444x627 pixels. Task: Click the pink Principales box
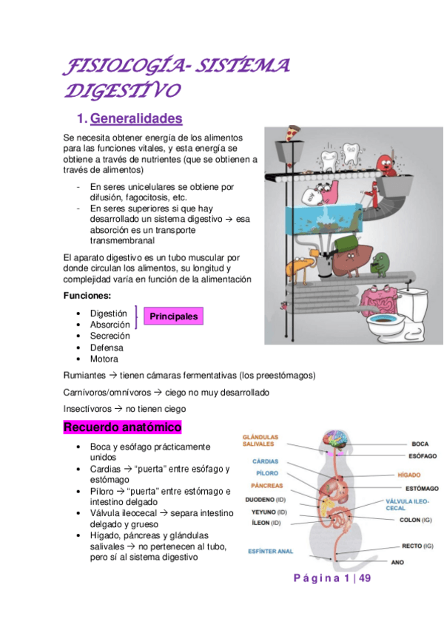point(174,316)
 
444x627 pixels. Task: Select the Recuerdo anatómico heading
point(122,427)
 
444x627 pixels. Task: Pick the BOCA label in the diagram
point(420,444)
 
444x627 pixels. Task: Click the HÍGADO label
point(408,475)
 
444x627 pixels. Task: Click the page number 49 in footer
point(363,578)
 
